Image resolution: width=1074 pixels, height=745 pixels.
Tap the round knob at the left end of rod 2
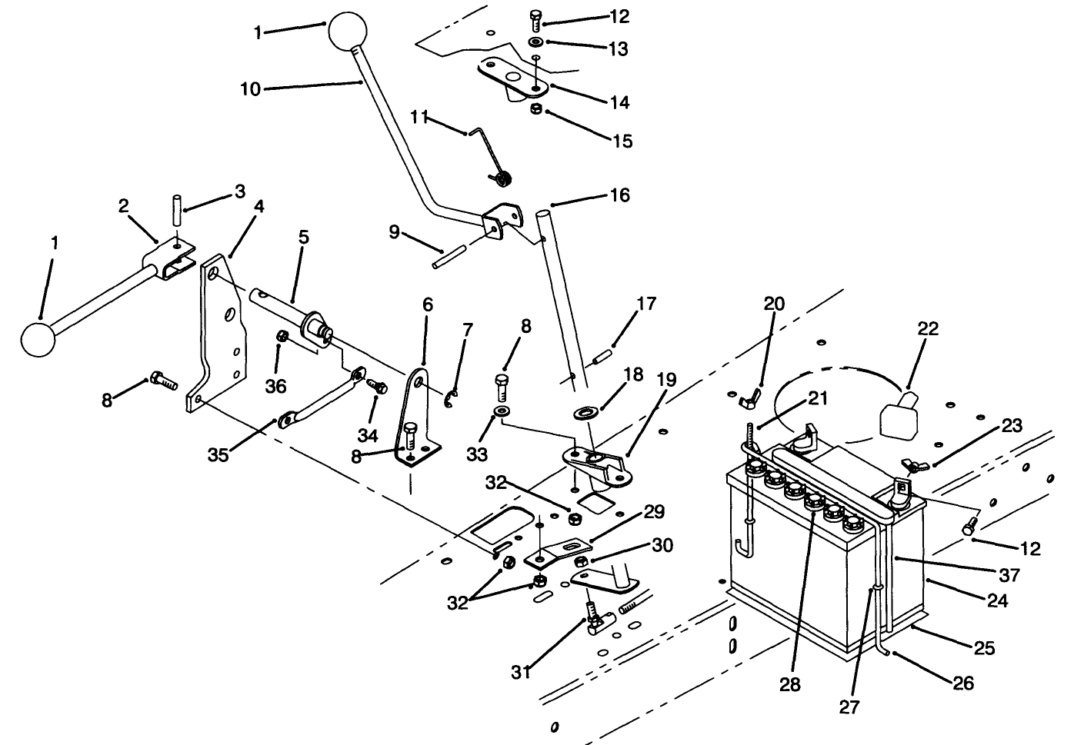click(39, 339)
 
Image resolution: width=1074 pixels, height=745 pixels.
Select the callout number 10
click(251, 89)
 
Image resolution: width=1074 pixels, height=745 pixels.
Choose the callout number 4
click(259, 206)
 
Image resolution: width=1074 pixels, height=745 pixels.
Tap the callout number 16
click(619, 195)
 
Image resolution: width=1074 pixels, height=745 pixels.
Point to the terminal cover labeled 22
click(897, 416)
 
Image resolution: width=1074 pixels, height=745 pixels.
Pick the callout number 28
click(790, 684)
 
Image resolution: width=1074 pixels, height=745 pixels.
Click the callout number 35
click(218, 454)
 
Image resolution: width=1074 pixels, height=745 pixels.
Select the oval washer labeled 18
click(588, 410)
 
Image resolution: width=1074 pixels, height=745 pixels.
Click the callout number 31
click(521, 671)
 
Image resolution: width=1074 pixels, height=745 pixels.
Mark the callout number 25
click(985, 648)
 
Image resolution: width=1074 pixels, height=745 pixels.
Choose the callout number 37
click(1009, 575)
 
